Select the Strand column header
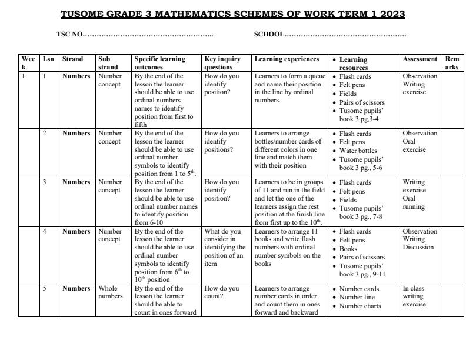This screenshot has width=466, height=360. click(72, 59)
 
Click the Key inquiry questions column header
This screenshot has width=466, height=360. click(222, 63)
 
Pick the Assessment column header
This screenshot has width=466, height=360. click(420, 59)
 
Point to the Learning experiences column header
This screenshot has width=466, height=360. click(287, 59)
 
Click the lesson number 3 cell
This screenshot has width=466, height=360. click(45, 182)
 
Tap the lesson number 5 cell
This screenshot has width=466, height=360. click(45, 289)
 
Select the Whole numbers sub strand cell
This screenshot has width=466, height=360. click(110, 292)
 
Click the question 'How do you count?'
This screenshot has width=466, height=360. click(222, 292)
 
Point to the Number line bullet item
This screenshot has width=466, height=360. click(357, 298)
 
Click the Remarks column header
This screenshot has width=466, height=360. click(452, 63)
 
